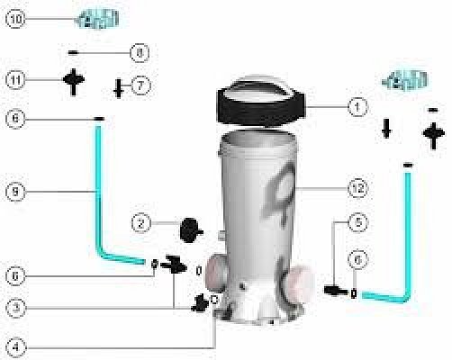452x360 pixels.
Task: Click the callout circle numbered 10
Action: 15,19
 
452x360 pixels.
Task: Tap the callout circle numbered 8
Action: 140,53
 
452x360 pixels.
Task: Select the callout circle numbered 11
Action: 15,80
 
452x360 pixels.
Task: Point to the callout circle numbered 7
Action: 140,85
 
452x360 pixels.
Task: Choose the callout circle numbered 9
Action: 15,192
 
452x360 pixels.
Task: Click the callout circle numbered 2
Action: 140,223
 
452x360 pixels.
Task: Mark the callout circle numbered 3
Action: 15,307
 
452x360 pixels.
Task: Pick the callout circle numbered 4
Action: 15,347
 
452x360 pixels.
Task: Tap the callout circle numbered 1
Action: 357,106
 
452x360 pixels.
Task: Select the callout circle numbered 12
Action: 357,188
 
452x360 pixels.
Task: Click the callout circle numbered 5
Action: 357,222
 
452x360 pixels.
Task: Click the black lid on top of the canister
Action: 260,103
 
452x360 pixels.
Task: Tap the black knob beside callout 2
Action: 191,230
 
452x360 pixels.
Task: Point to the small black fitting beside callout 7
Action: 119,88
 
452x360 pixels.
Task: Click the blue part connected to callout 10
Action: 97,19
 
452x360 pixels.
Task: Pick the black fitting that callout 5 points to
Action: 336,291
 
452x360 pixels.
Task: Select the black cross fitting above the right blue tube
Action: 433,136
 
